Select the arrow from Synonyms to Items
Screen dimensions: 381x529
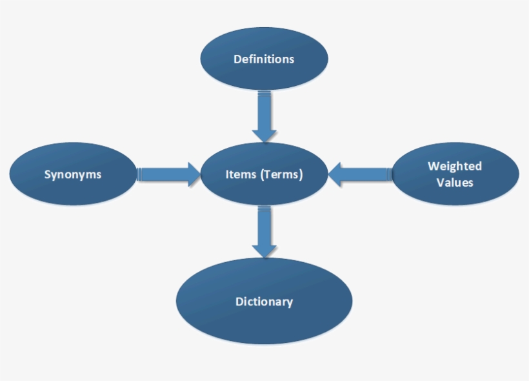(x=168, y=174)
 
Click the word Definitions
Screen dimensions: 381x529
(x=264, y=59)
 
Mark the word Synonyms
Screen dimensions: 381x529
(x=73, y=174)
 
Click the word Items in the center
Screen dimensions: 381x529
(x=241, y=174)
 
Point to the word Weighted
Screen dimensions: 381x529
(x=455, y=167)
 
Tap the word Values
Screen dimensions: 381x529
(x=455, y=183)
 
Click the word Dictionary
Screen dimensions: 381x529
(x=264, y=302)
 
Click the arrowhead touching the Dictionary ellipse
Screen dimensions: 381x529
(x=264, y=249)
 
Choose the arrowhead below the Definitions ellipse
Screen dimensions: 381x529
(x=264, y=134)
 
